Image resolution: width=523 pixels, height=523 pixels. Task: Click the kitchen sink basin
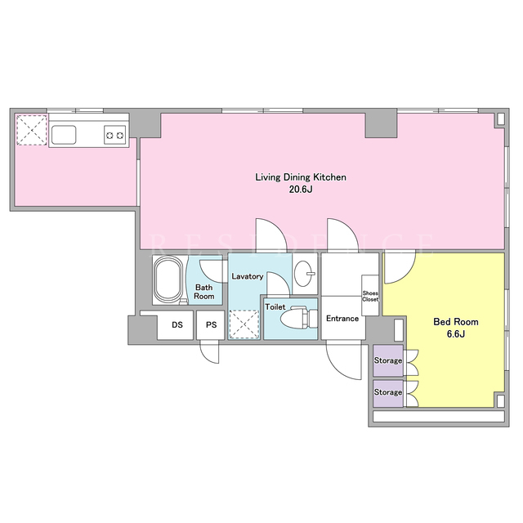tap(64, 135)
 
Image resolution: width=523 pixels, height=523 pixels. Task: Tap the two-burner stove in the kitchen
tap(115, 135)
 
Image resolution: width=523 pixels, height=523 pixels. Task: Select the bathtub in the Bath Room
tap(168, 279)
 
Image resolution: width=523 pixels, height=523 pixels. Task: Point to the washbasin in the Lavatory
tap(304, 274)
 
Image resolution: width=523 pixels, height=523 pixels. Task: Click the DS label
tap(177, 324)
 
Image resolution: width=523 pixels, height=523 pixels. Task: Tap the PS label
tap(211, 324)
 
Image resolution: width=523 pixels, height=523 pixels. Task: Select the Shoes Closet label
tap(370, 296)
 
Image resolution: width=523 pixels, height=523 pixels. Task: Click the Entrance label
tap(342, 319)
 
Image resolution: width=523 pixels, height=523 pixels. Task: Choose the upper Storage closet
tap(388, 360)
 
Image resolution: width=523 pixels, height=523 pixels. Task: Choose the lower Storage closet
tap(388, 392)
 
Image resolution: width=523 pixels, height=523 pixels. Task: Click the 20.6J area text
tap(301, 190)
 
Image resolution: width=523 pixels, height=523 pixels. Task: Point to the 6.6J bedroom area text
tap(456, 334)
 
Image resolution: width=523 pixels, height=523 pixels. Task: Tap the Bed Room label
tap(456, 322)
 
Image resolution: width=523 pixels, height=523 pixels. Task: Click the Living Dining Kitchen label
tap(301, 177)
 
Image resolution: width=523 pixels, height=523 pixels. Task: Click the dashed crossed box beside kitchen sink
tap(32, 130)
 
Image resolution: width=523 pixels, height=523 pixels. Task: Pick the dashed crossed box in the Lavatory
tap(244, 324)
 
